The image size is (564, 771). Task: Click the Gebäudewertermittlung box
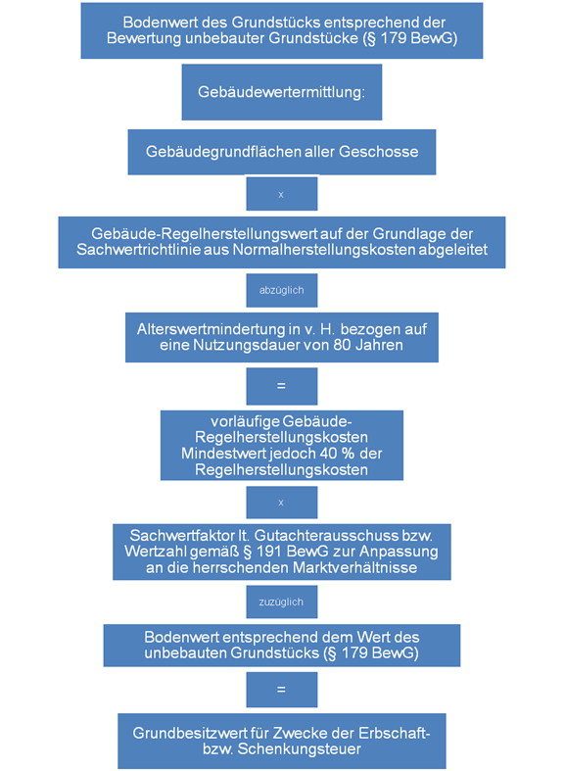point(281,92)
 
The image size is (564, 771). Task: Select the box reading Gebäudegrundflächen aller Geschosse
point(281,152)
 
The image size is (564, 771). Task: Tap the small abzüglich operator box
point(281,291)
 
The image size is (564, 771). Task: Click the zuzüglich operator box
point(281,602)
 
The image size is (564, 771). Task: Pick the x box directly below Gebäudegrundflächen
point(281,194)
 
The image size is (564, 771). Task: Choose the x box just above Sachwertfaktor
point(281,503)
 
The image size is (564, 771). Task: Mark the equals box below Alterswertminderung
point(281,387)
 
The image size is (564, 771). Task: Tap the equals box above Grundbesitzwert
point(281,690)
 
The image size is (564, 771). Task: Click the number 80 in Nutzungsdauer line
point(342,345)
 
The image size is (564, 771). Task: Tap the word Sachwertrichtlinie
point(154,249)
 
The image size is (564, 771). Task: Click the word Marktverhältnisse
point(355,567)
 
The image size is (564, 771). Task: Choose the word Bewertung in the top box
point(145,38)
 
